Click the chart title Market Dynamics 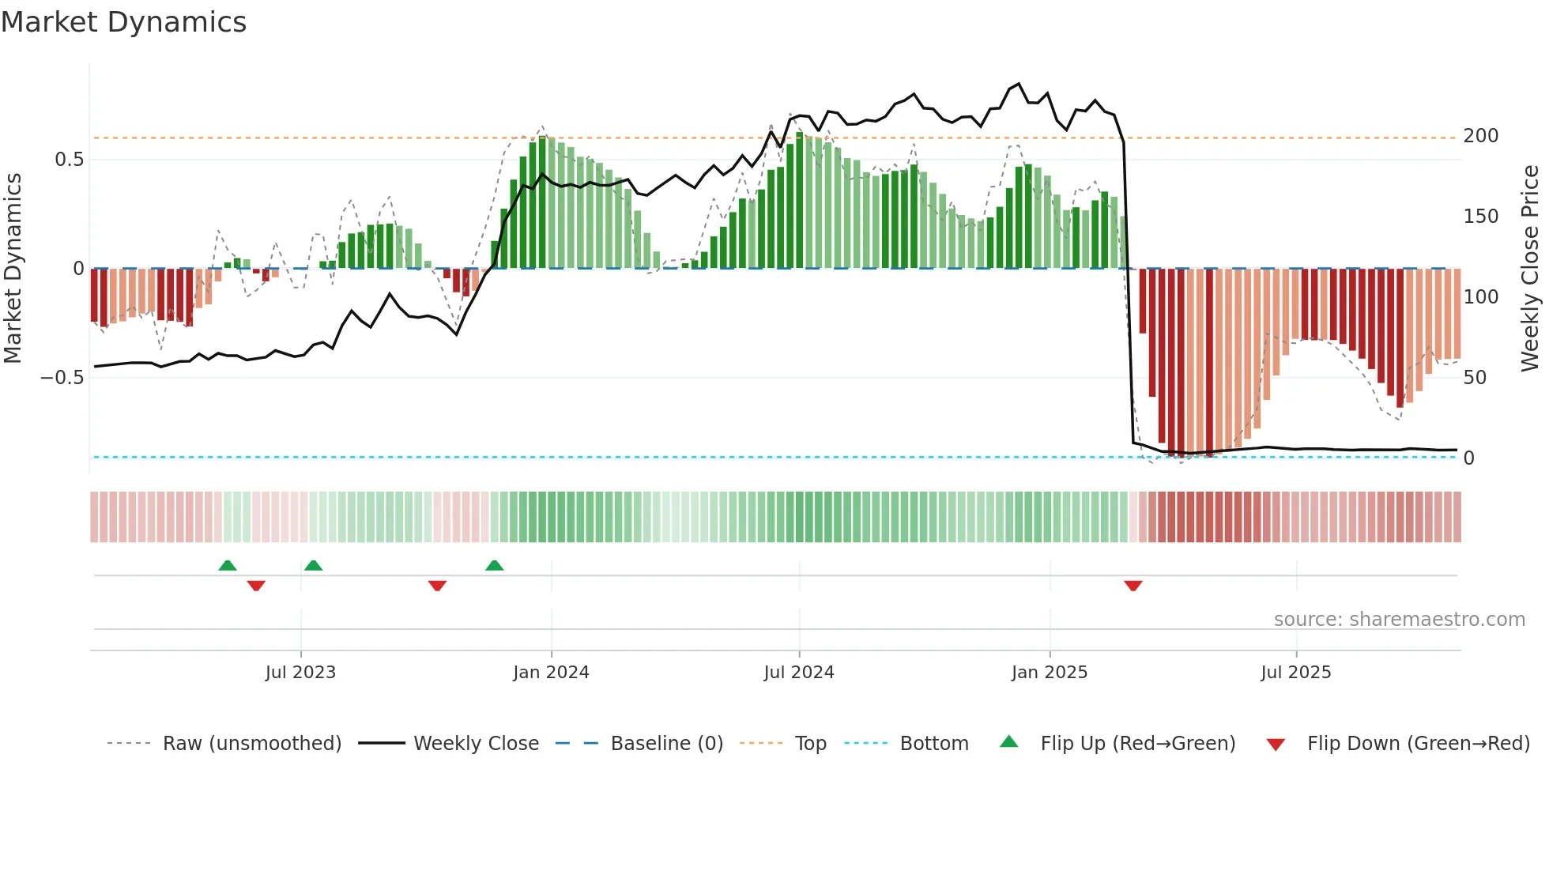click(124, 22)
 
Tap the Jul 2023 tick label click(300, 673)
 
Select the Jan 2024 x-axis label click(551, 673)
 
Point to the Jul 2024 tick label click(799, 673)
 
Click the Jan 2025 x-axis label click(1050, 673)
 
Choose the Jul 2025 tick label click(1296, 673)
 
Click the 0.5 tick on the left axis click(69, 160)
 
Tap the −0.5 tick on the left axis click(62, 378)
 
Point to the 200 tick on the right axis click(1481, 136)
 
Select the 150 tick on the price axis click(1481, 217)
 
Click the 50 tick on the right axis click(1475, 378)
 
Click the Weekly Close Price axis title click(1530, 268)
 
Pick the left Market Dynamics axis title click(13, 268)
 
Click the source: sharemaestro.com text click(1399, 620)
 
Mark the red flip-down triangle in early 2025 click(1133, 586)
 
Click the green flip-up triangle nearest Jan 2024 click(495, 565)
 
